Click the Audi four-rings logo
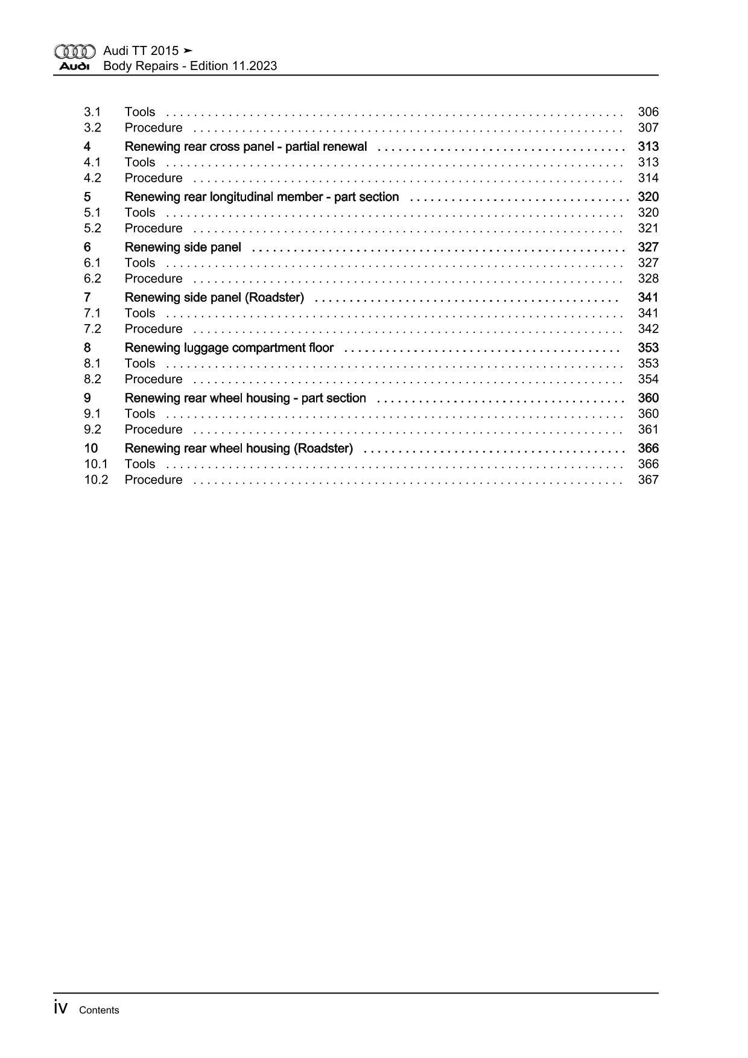point(75,51)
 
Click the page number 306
point(648,112)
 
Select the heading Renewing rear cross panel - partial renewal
point(246,147)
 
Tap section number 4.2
point(92,178)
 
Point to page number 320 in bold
point(648,197)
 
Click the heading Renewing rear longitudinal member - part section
point(262,197)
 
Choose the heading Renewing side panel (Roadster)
point(214,298)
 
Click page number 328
point(648,279)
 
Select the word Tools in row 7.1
point(140,313)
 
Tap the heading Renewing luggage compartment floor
point(229,348)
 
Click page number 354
point(648,379)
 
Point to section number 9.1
point(92,414)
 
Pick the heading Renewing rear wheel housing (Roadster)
point(239,448)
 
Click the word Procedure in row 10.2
point(153,480)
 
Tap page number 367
point(648,480)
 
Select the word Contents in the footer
point(99,1010)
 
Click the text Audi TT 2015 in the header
point(141,51)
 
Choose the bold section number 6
point(87,247)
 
